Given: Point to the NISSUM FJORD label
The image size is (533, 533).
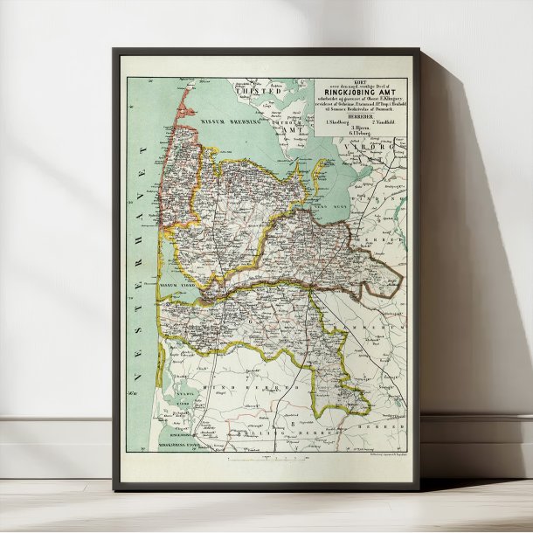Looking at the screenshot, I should [180, 286].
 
